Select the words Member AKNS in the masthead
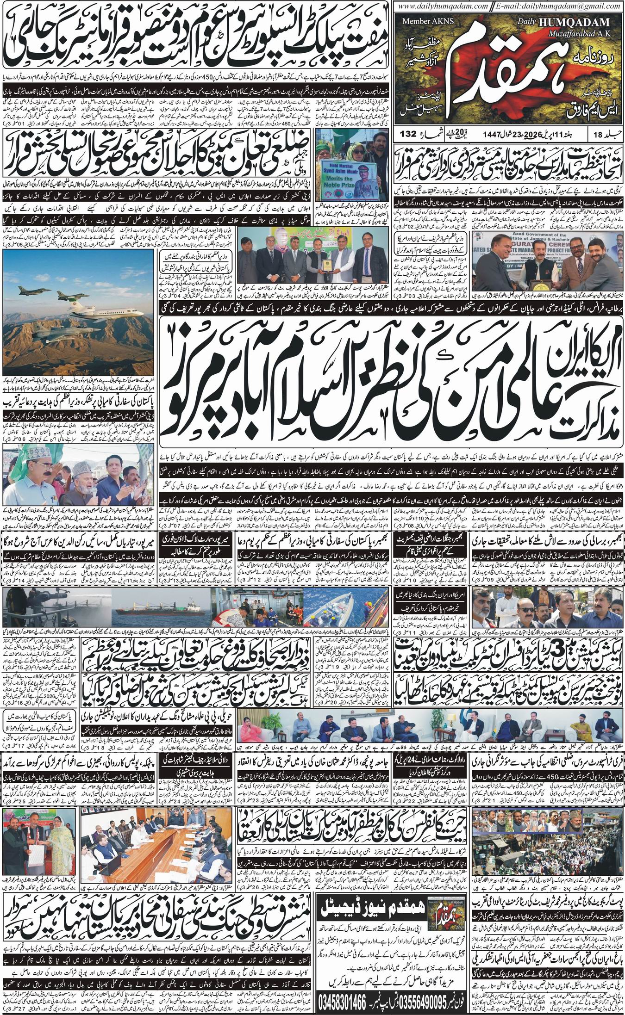(x=422, y=21)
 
